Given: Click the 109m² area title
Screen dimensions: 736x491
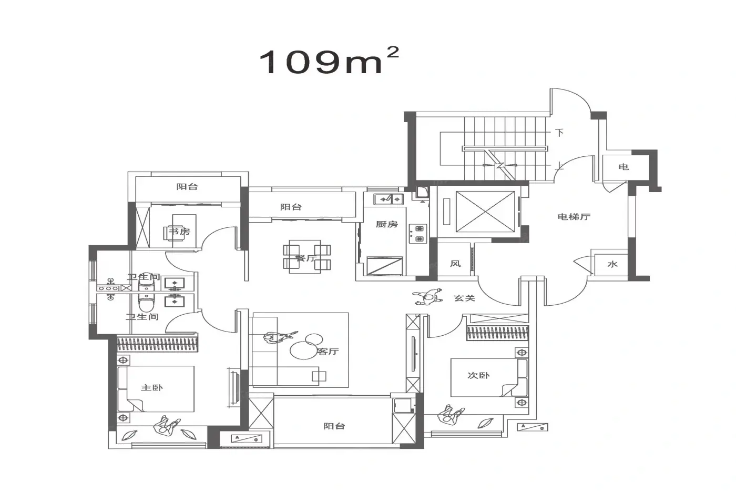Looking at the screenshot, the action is pyautogui.click(x=329, y=61).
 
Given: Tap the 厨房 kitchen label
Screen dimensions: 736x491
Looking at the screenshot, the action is pyautogui.click(x=387, y=224).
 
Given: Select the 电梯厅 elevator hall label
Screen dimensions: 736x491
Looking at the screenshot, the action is pyautogui.click(x=574, y=217).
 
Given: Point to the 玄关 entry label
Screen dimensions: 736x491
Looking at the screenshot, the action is pyautogui.click(x=464, y=298).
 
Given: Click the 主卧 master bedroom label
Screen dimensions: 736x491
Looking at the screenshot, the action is pyautogui.click(x=152, y=388).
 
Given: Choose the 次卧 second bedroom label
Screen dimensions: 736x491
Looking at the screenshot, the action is pyautogui.click(x=478, y=375).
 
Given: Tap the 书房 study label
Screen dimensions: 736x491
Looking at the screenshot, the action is pyautogui.click(x=179, y=232).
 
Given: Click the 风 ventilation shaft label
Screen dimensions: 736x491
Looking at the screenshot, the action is pyautogui.click(x=455, y=264).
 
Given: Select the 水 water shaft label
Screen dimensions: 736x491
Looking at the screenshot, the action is pyautogui.click(x=612, y=264).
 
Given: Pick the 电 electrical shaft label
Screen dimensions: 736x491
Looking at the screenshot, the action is pyautogui.click(x=623, y=167).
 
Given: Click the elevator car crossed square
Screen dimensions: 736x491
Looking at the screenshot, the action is pyautogui.click(x=485, y=212).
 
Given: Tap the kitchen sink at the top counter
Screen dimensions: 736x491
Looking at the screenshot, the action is pyautogui.click(x=389, y=199).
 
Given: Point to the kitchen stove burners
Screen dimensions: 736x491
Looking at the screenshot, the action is pyautogui.click(x=418, y=234).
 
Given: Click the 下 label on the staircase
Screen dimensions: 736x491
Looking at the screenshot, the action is pyautogui.click(x=559, y=133).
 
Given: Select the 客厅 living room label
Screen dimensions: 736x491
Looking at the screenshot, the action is pyautogui.click(x=328, y=352).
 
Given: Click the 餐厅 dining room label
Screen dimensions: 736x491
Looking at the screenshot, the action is pyautogui.click(x=306, y=258).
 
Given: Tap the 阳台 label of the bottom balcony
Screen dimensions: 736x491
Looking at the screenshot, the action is pyautogui.click(x=334, y=426).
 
